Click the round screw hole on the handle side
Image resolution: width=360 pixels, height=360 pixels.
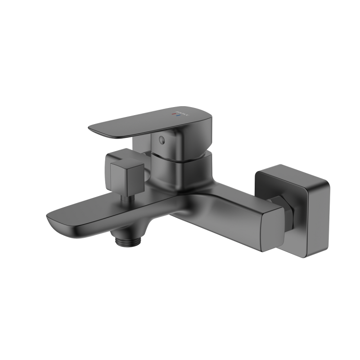[162, 140]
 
